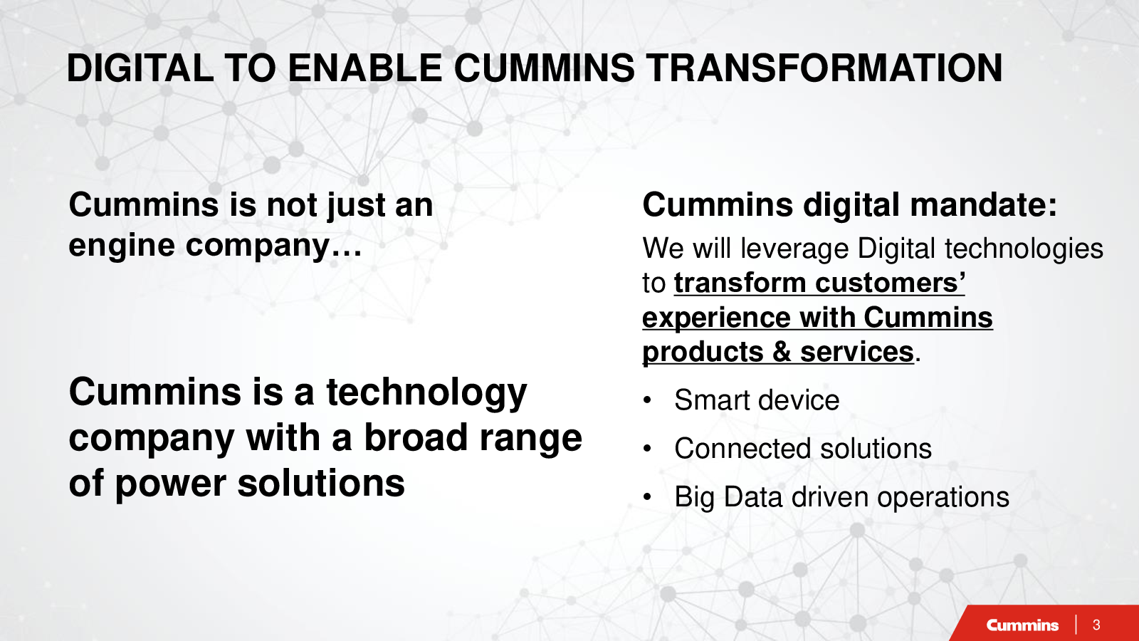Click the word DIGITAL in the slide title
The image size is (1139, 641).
point(140,68)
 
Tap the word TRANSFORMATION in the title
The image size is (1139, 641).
point(824,68)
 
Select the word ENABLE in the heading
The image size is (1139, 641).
point(364,68)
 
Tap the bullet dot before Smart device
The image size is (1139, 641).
point(647,400)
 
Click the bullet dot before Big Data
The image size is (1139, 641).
point(647,496)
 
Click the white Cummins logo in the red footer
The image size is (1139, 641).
point(1022,625)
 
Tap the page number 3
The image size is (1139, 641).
point(1096,625)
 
